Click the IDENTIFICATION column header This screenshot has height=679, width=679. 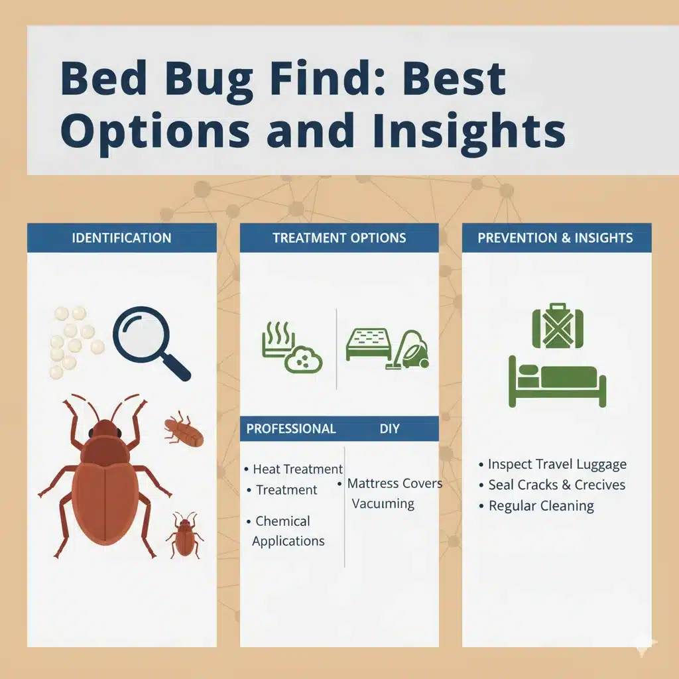click(122, 238)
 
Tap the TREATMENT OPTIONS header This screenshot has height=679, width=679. click(339, 238)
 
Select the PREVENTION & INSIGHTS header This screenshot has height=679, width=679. click(555, 238)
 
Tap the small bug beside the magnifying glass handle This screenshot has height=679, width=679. click(184, 430)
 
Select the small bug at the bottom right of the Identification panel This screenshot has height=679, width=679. click(185, 535)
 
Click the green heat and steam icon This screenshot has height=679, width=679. click(292, 347)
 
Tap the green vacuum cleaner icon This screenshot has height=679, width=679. click(408, 350)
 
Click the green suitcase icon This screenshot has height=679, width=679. click(558, 326)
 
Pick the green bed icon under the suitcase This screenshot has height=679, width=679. click(557, 382)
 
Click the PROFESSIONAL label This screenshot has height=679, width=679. click(291, 429)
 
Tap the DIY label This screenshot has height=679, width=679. click(389, 429)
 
